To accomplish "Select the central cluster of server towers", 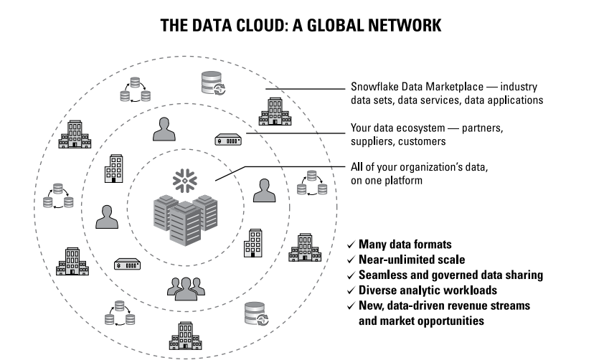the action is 185,218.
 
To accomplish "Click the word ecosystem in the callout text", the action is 428,128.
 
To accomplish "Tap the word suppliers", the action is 374,141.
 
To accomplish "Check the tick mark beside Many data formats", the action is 351,244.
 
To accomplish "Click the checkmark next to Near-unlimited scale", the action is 351,260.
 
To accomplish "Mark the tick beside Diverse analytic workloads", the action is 351,290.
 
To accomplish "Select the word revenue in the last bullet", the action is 455,305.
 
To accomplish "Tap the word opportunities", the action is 449,321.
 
